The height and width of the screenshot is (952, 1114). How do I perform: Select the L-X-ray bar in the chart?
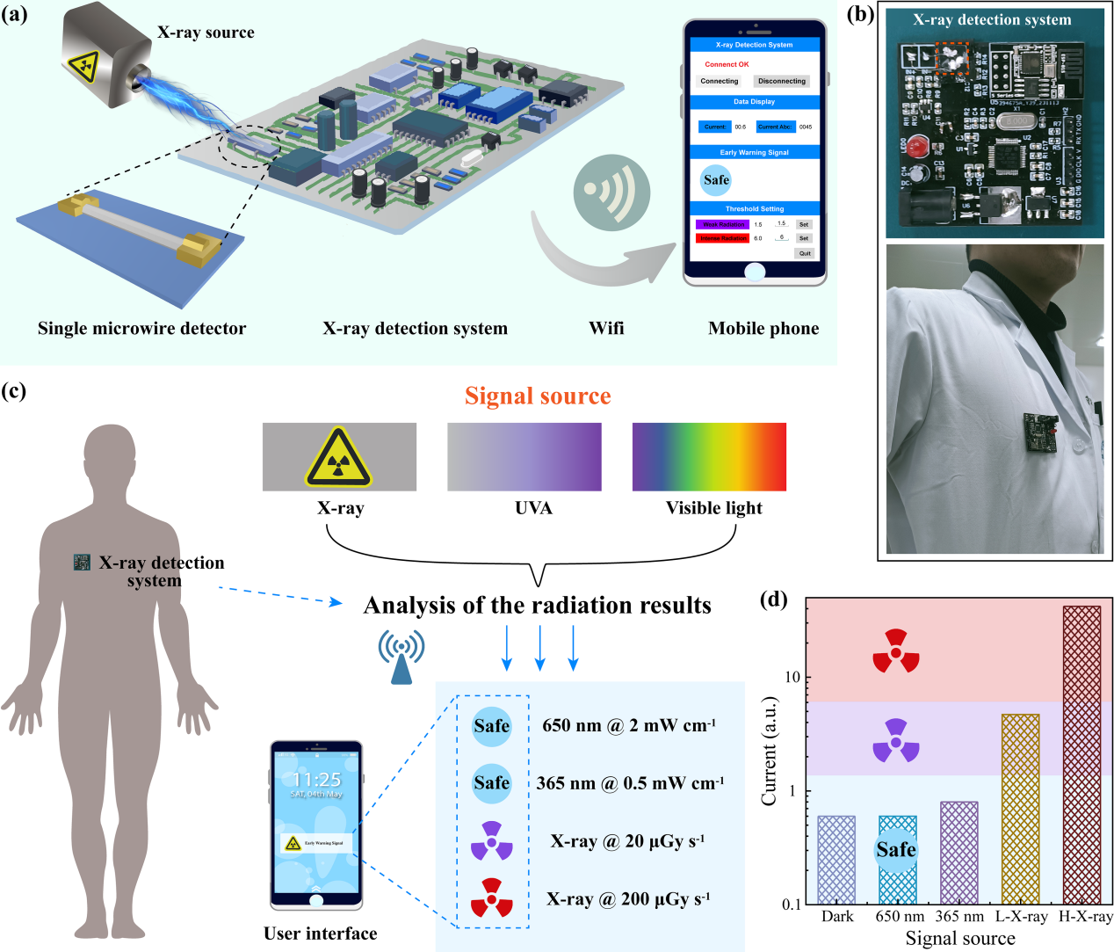click(1020, 809)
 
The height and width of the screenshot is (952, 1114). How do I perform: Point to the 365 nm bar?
click(958, 853)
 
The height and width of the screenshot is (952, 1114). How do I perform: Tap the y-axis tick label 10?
click(792, 677)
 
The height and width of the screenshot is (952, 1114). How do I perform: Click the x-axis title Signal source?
click(960, 939)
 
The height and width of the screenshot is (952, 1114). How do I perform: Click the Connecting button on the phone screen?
click(720, 81)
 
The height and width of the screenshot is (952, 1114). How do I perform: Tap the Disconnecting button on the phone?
click(781, 81)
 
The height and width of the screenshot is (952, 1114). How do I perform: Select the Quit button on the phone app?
click(805, 253)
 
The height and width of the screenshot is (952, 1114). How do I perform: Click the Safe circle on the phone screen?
click(716, 180)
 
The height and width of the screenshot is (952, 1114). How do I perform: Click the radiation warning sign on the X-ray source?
click(85, 64)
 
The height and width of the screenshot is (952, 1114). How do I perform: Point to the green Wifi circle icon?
click(611, 194)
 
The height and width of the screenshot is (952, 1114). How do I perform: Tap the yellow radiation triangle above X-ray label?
click(339, 458)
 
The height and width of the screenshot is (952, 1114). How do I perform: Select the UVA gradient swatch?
click(524, 457)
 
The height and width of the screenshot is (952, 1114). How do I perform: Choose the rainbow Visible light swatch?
click(709, 457)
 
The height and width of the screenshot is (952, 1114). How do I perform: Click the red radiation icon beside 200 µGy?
click(491, 898)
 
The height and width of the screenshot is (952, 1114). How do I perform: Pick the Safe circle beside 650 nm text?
click(491, 726)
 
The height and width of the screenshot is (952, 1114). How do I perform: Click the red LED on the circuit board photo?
click(918, 148)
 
